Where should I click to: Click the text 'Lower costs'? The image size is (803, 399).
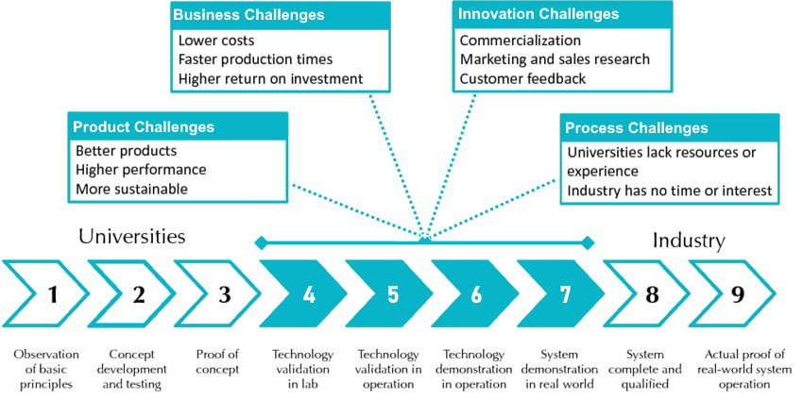point(216,41)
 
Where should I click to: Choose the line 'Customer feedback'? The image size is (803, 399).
point(522,78)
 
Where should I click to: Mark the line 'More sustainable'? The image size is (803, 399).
point(131,189)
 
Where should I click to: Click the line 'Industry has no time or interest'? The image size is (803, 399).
point(670,191)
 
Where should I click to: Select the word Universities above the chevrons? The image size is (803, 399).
point(131,237)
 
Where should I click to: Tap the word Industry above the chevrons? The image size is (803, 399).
point(689,241)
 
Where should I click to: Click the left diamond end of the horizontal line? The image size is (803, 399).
point(261,243)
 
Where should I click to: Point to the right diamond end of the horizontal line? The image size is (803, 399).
point(588,243)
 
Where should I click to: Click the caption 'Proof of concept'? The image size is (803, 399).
point(217,361)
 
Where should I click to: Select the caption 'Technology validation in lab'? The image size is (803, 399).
point(302,368)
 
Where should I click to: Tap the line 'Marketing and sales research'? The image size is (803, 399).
point(555,59)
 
